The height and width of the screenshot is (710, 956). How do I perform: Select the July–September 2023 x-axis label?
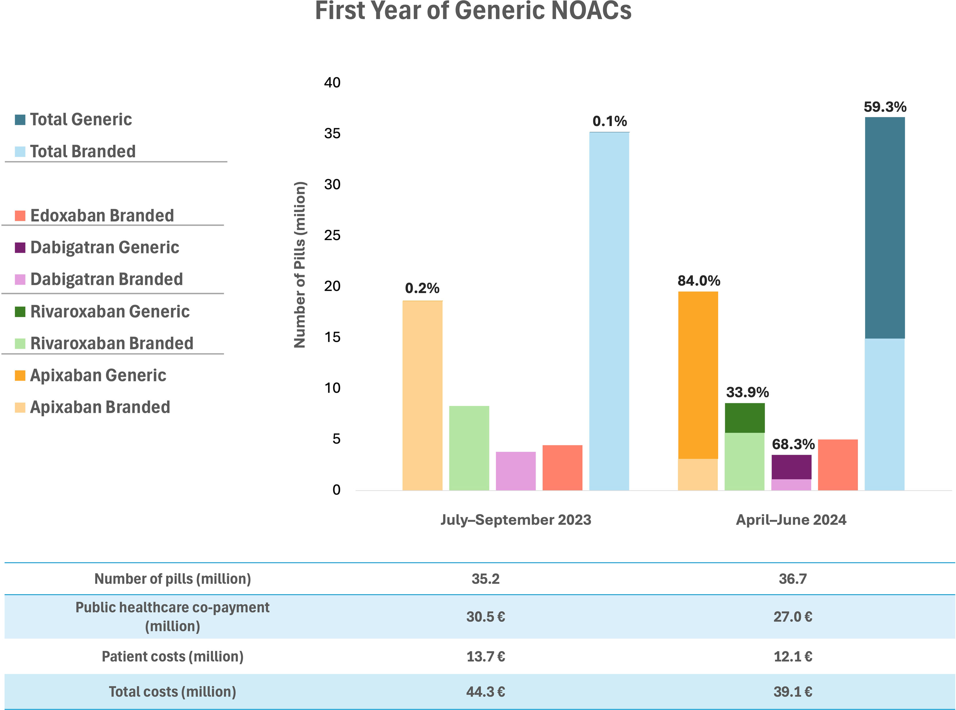click(x=515, y=520)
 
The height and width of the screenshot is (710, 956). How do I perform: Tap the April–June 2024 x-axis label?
click(x=791, y=520)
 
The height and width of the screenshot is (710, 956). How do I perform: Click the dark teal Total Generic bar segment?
click(x=885, y=228)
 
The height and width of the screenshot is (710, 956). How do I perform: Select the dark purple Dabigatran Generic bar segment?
click(x=791, y=467)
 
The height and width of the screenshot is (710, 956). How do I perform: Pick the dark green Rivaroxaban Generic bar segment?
click(x=744, y=418)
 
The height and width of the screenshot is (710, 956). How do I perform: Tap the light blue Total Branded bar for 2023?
click(x=609, y=309)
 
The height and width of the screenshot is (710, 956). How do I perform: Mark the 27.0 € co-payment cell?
click(x=793, y=617)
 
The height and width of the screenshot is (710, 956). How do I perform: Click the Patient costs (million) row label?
click(x=173, y=656)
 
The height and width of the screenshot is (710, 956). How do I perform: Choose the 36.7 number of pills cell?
click(x=793, y=578)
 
